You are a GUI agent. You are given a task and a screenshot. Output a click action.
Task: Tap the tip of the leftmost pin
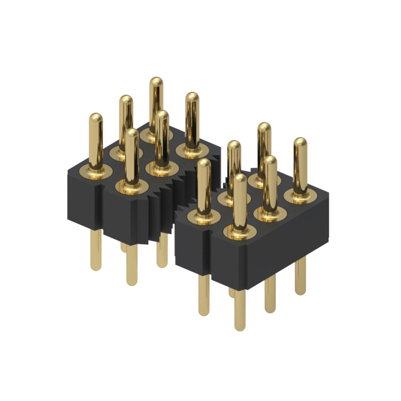click(x=96, y=117)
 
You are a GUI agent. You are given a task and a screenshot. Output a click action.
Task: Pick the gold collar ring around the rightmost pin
click(x=300, y=195)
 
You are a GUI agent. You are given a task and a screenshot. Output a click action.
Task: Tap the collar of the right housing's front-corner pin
click(x=240, y=231)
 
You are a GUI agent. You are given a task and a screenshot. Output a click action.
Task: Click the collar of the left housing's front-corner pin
click(x=132, y=187)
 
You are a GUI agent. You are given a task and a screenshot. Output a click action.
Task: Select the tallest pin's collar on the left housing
click(x=156, y=134)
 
